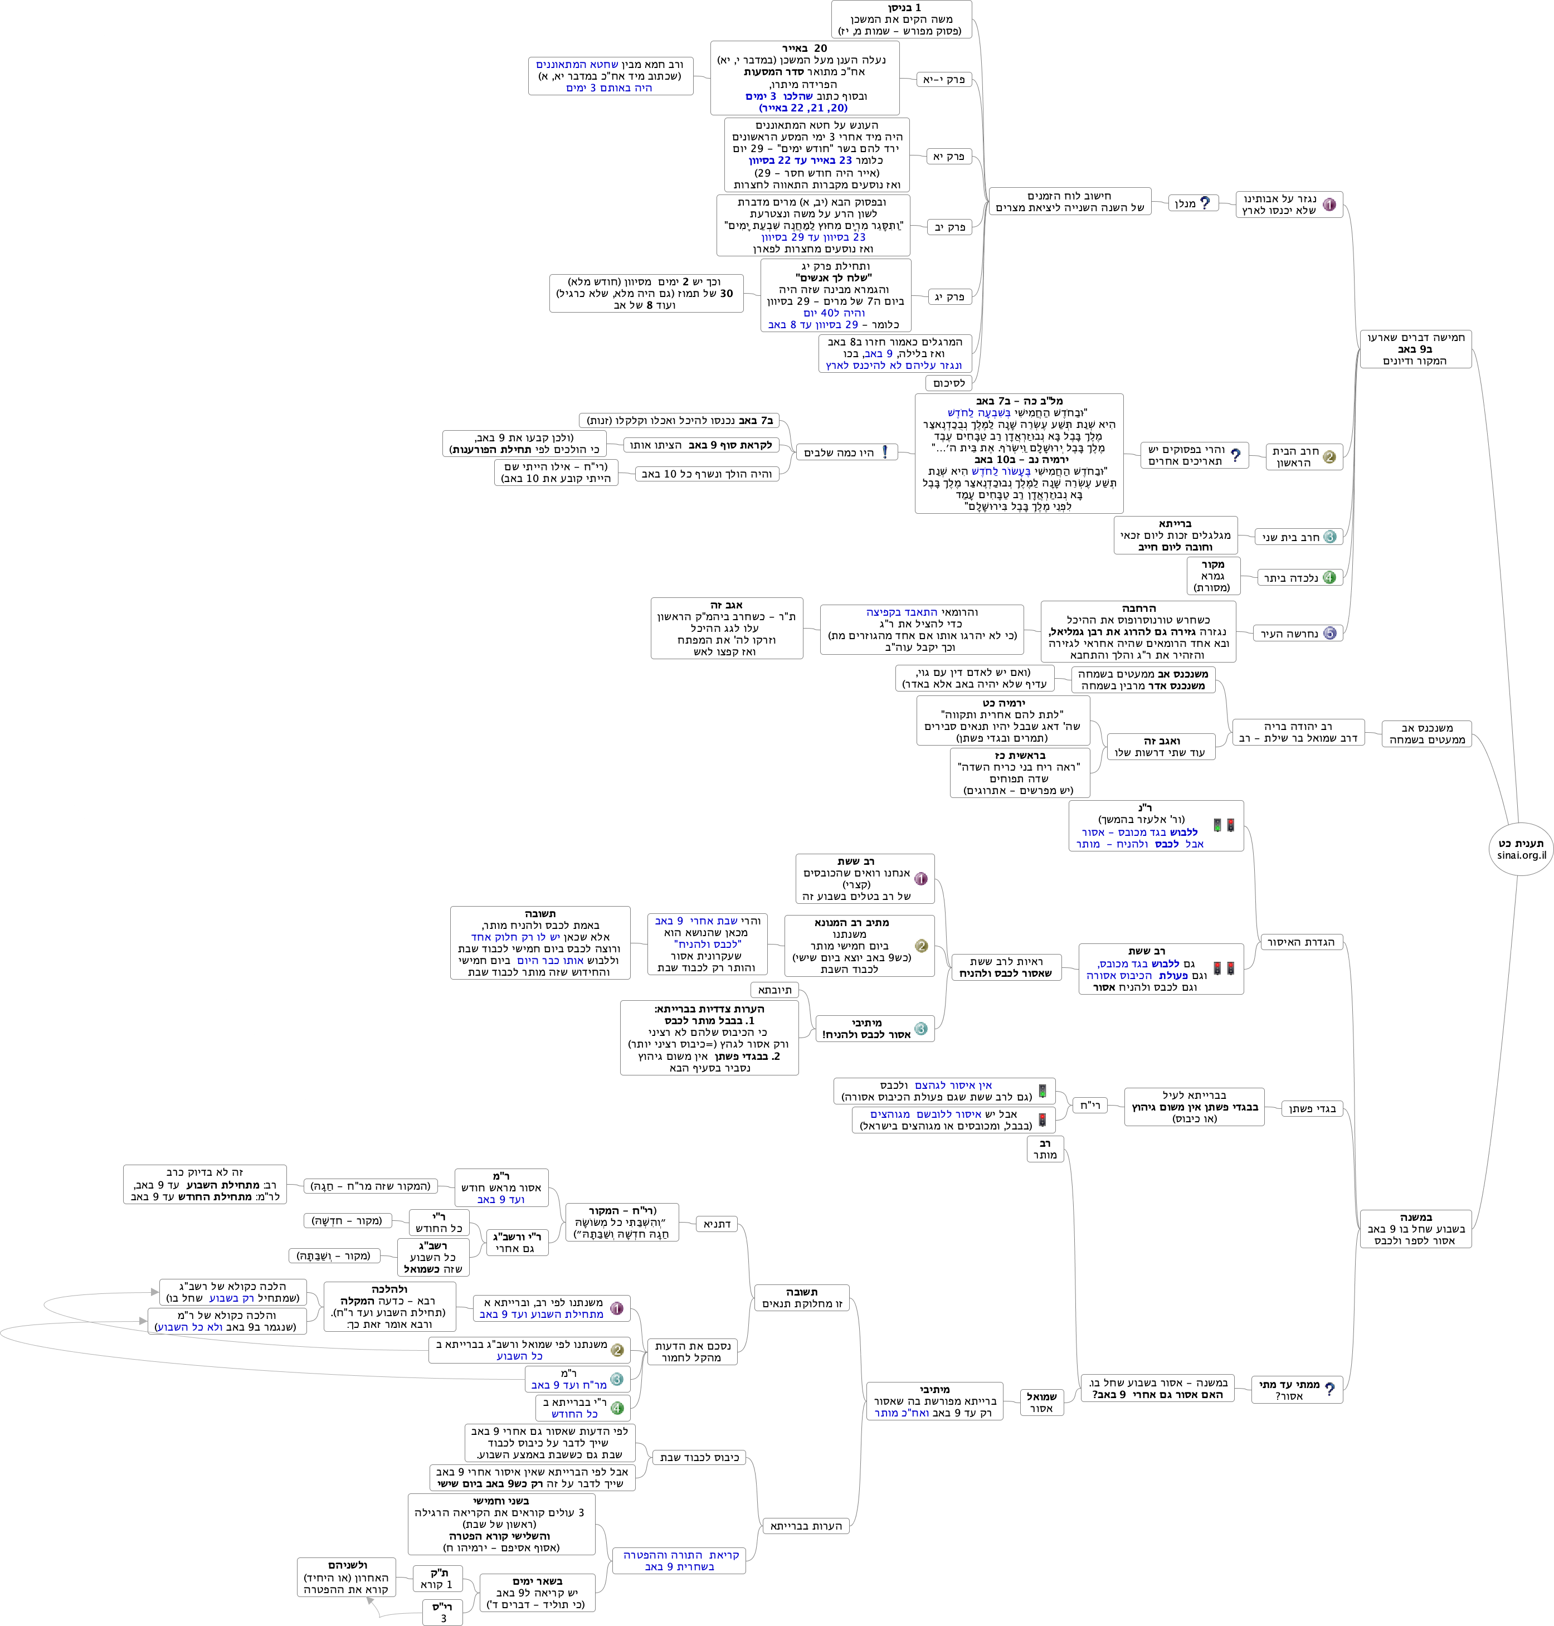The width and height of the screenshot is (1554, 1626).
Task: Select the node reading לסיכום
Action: pyautogui.click(x=948, y=383)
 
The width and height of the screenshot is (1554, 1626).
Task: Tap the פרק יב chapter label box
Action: pyautogui.click(x=949, y=227)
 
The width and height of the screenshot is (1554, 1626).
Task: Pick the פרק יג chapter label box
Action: pyautogui.click(x=949, y=296)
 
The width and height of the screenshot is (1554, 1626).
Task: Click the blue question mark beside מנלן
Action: pyautogui.click(x=1205, y=203)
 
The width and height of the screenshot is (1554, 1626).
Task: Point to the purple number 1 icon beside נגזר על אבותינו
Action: pyautogui.click(x=1329, y=205)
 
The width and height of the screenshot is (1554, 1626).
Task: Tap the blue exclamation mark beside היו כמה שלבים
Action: pyautogui.click(x=885, y=452)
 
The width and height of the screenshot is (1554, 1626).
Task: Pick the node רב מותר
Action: pyautogui.click(x=1045, y=1149)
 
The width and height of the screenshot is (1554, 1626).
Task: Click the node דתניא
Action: pyautogui.click(x=717, y=1224)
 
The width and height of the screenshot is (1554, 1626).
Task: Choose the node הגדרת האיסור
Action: pyautogui.click(x=1300, y=942)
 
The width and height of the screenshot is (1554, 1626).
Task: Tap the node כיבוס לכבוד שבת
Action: pyautogui.click(x=700, y=1457)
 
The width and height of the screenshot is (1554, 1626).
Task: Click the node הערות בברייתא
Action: pyautogui.click(x=805, y=1526)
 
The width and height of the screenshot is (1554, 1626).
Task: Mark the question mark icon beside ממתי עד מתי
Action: pyautogui.click(x=1329, y=1389)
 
